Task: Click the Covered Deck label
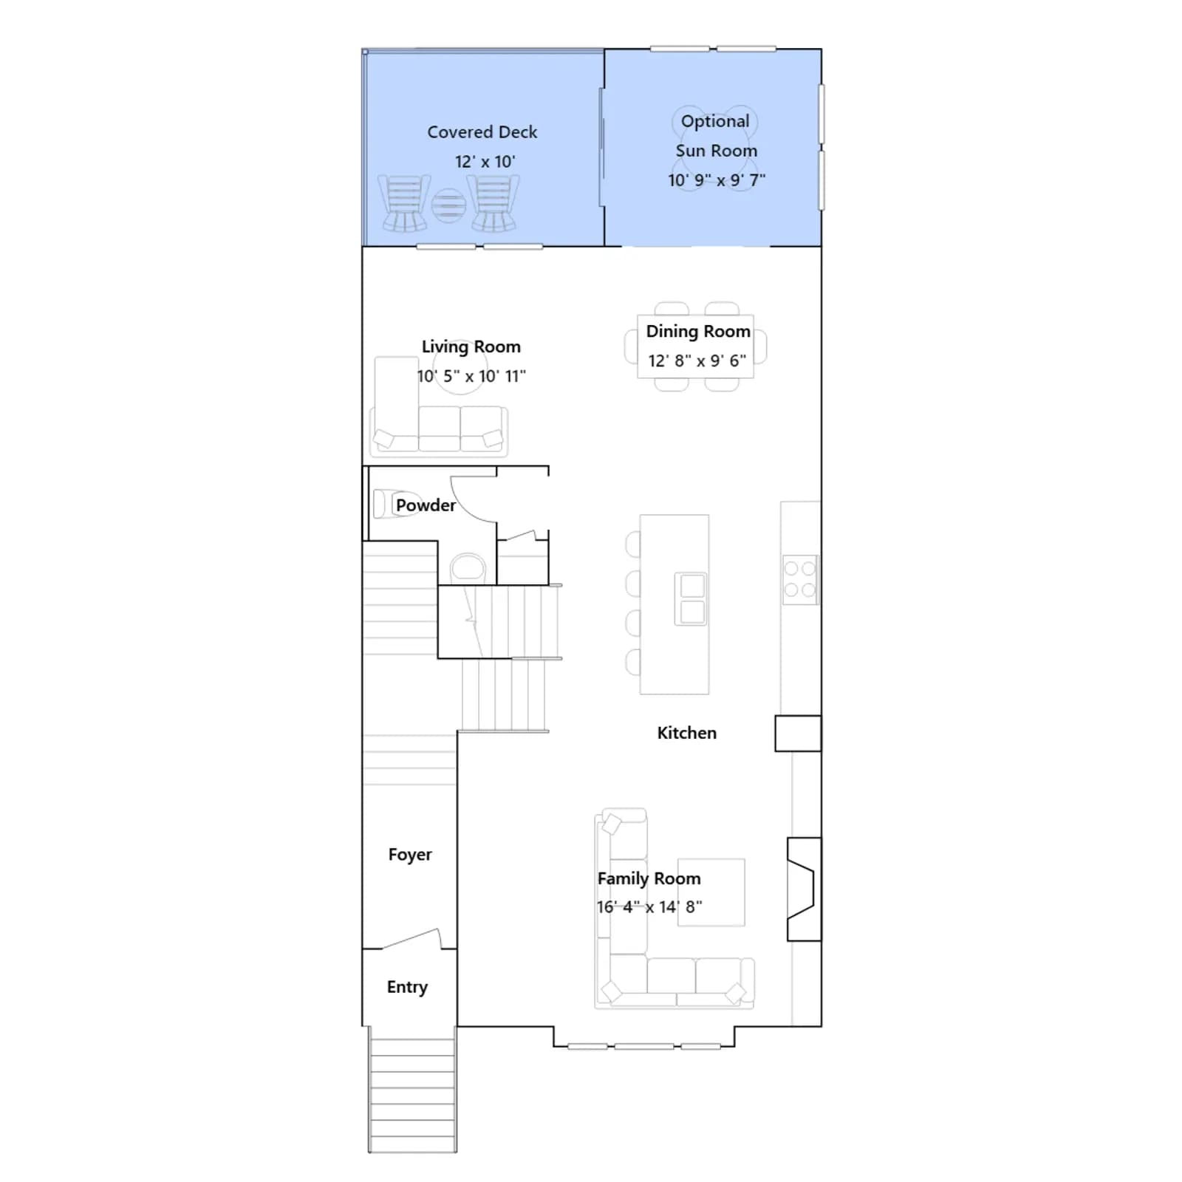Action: pyautogui.click(x=482, y=132)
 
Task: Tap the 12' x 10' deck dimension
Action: pyautogui.click(x=485, y=162)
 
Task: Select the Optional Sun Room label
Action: pyautogui.click(x=716, y=136)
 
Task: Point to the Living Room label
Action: pyautogui.click(x=471, y=346)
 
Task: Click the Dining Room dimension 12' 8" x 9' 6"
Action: pyautogui.click(x=697, y=361)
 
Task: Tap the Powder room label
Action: pyautogui.click(x=426, y=505)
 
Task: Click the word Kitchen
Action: pyautogui.click(x=686, y=733)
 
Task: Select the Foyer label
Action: pyautogui.click(x=410, y=855)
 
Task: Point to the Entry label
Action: pyautogui.click(x=407, y=987)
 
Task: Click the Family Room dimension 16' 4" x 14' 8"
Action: pyautogui.click(x=649, y=906)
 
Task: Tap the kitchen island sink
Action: pyautogui.click(x=691, y=599)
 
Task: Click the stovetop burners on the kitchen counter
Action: pyautogui.click(x=800, y=580)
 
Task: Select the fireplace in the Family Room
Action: pyautogui.click(x=804, y=889)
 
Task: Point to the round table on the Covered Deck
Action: pyautogui.click(x=448, y=205)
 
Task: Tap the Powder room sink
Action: pyautogui.click(x=467, y=569)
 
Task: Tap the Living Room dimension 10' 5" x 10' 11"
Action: pyautogui.click(x=471, y=376)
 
